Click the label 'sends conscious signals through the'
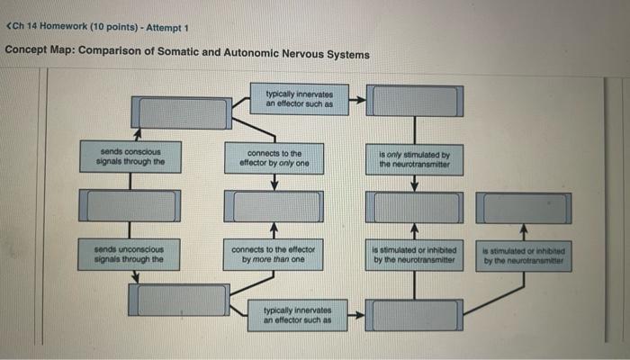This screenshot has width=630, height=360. [131, 157]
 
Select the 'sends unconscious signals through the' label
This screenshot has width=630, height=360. [131, 254]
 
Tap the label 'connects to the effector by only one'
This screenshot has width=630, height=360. [274, 158]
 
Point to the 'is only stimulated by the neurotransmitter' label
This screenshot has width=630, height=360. [414, 159]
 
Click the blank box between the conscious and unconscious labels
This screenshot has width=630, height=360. [131, 206]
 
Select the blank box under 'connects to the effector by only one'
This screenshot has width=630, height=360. [274, 207]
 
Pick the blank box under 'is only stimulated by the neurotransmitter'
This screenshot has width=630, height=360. [414, 207]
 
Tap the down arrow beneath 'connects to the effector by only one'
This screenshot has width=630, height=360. [274, 184]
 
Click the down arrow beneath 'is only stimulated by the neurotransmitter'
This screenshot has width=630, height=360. [414, 184]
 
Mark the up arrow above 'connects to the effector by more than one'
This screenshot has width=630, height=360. [274, 229]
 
